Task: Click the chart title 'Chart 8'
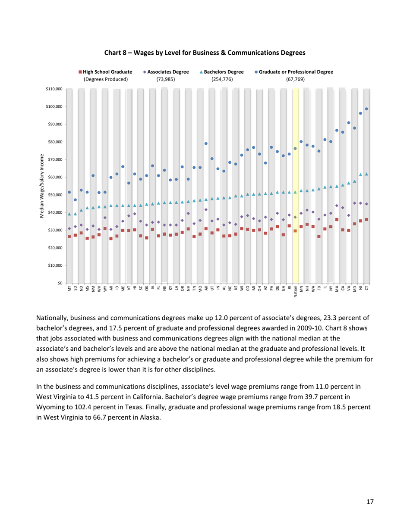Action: tap(205, 53)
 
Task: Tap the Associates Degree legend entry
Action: tap(165, 72)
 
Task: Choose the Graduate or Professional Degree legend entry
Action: tap(293, 72)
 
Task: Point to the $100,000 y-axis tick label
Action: tap(54, 106)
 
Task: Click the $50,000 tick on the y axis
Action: tap(55, 195)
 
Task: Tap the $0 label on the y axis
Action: tap(59, 283)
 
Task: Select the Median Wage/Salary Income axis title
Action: tap(42, 185)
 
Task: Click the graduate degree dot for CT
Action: tap(366, 109)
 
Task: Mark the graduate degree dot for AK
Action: tap(206, 143)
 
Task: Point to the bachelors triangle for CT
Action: tap(366, 174)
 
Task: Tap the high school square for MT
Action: tap(69, 237)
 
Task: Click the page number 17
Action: tap(370, 502)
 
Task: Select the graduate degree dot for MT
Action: tap(69, 192)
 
